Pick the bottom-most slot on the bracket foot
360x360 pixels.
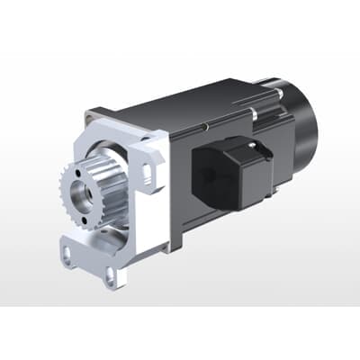tap(110, 277)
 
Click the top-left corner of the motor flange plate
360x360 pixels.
tap(91, 114)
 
